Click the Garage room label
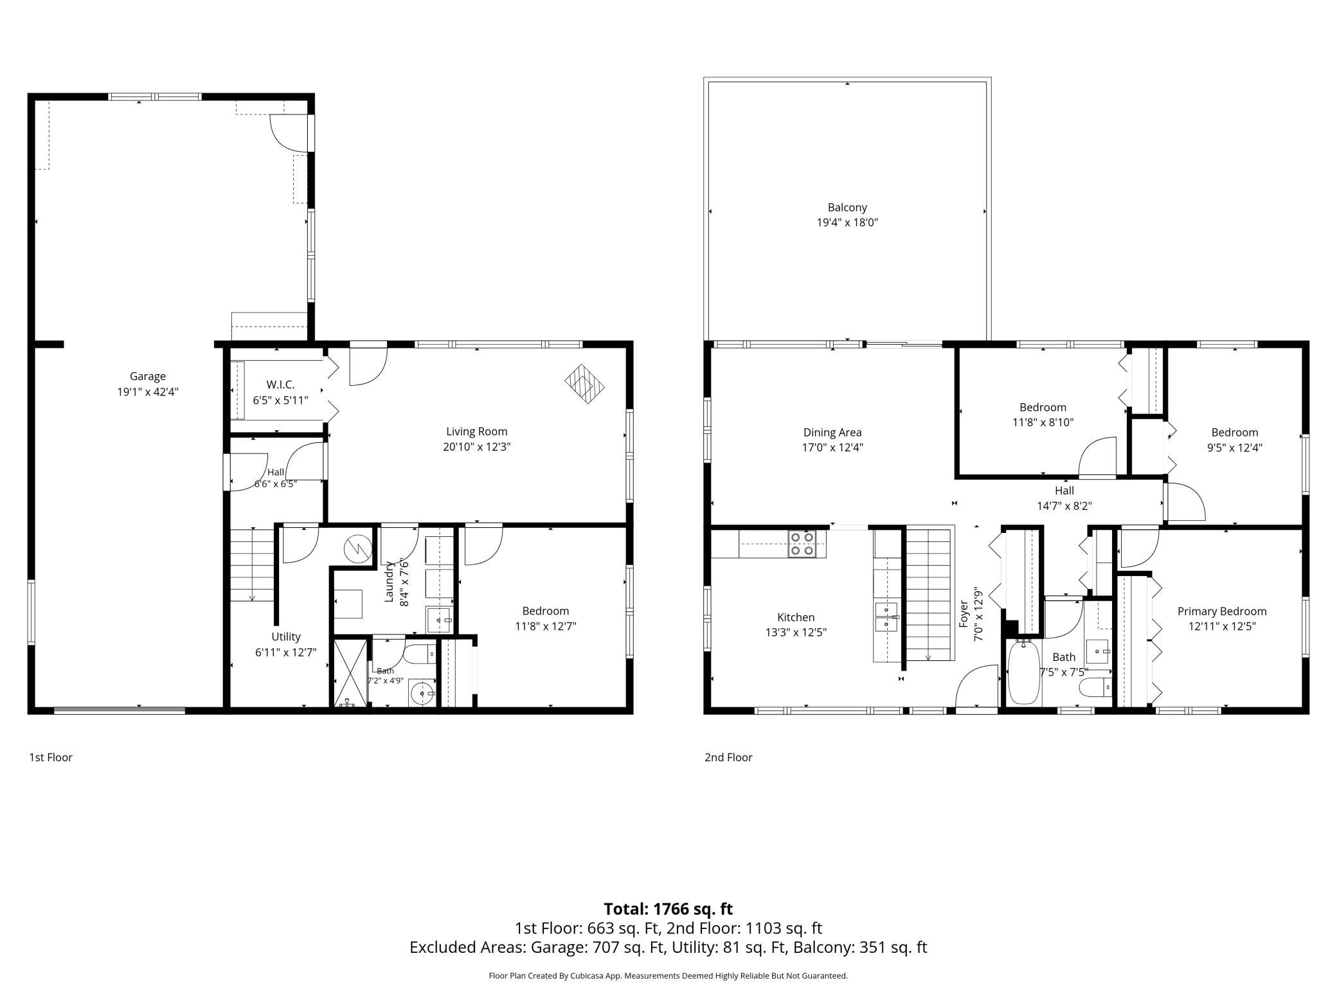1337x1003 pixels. pos(148,377)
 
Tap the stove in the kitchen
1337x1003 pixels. pos(802,543)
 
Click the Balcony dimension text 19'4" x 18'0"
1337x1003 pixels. pos(847,222)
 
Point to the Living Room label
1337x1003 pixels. pos(477,432)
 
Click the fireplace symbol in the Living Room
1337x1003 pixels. pos(585,384)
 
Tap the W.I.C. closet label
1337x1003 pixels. pos(280,385)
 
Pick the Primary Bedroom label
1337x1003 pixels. pos(1222,611)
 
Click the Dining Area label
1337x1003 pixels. pos(832,433)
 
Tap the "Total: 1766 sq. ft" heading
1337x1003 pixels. pos(668,909)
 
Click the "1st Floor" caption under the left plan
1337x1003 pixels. pos(51,757)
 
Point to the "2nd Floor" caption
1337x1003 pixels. pos(728,757)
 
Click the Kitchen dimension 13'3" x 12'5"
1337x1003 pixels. pos(796,632)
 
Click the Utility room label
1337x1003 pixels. pos(286,637)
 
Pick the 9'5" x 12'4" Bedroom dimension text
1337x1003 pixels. pos(1234,447)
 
